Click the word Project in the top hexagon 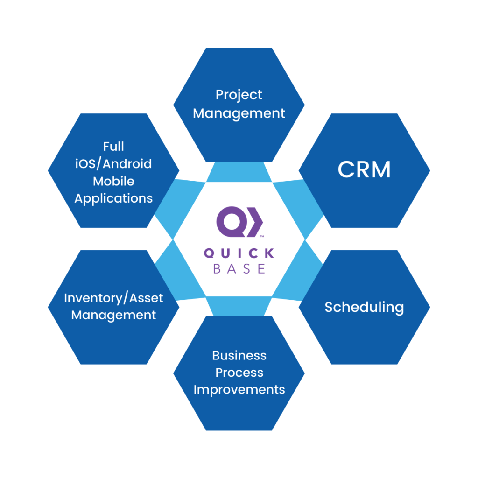pos(239,95)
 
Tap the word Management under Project pos(239,113)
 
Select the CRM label pos(364,170)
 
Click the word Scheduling pos(364,308)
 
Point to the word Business pos(239,355)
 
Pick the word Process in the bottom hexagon pos(239,373)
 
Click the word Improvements pos(239,389)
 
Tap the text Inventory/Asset pos(113,298)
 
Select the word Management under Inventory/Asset pos(113,315)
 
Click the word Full pos(113,147)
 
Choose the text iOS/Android pos(113,164)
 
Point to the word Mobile pos(113,181)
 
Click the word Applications pos(113,198)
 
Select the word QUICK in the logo pos(239,253)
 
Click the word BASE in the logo pos(239,269)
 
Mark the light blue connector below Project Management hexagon pos(239,173)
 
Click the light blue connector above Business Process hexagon pos(239,306)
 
